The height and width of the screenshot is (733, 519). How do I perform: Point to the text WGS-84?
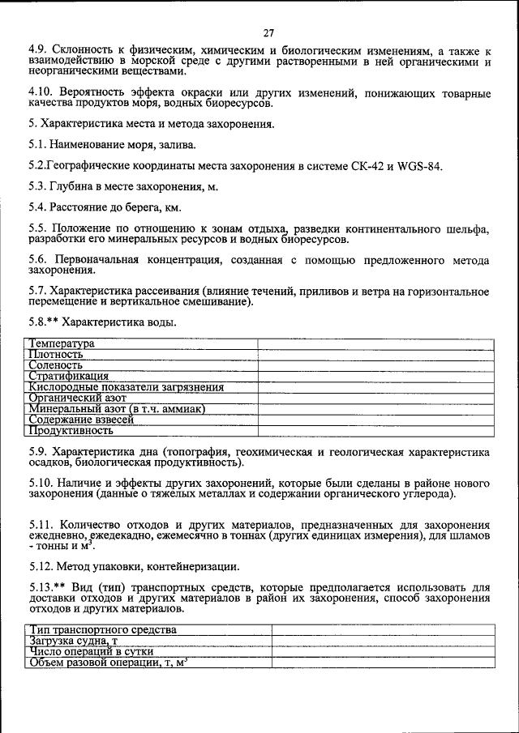tap(420, 167)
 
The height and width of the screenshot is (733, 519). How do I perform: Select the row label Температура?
tap(62, 343)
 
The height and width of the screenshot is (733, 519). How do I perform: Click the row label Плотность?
tap(56, 354)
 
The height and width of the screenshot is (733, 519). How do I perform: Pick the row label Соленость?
tap(55, 365)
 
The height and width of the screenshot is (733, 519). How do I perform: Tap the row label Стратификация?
tap(68, 376)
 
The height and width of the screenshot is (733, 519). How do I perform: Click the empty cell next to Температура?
tap(375, 343)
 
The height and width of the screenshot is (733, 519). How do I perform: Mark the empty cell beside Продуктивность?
tap(375, 432)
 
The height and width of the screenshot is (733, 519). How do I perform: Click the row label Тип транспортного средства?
tap(103, 629)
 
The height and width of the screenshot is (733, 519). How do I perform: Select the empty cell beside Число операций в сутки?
tap(382, 651)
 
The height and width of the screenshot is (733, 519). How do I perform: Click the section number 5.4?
tap(37, 206)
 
